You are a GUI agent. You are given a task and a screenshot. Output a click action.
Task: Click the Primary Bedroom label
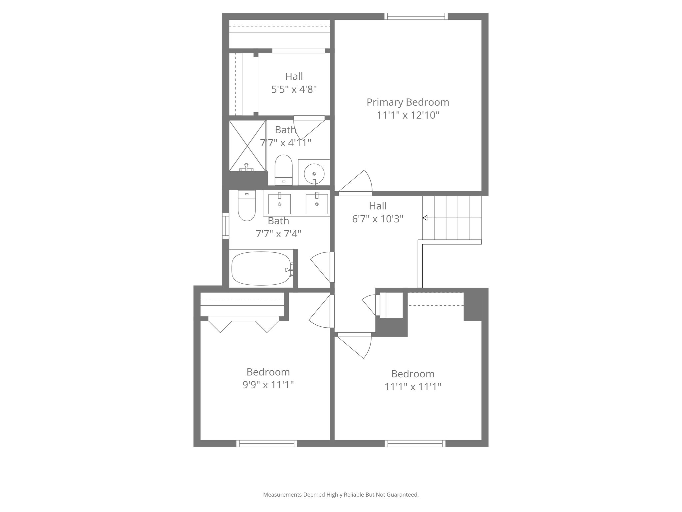coord(408,102)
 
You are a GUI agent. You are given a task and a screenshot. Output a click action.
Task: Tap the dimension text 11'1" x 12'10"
coord(408,115)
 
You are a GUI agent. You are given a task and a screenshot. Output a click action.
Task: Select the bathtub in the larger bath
coord(261,268)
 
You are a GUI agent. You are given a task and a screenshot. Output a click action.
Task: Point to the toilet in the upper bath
coord(283,170)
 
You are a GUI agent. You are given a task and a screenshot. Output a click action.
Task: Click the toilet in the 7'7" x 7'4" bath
coord(247,206)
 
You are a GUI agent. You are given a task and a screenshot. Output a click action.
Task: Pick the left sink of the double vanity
coord(279,204)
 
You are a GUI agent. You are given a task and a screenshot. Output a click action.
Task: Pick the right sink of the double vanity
coord(317,204)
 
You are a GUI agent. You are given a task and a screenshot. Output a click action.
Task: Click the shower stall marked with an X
coord(247,146)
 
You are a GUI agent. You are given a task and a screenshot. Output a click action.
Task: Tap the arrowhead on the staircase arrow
coord(425,218)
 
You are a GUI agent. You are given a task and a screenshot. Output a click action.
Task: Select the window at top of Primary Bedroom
coord(416,16)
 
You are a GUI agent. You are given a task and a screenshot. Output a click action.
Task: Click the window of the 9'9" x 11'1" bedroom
coord(267,443)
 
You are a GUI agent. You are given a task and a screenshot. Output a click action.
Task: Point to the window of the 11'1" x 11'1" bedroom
coord(415,443)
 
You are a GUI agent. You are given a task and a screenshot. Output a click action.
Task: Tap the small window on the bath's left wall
coord(226,226)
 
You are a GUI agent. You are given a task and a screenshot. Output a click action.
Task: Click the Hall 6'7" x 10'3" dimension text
coord(378,219)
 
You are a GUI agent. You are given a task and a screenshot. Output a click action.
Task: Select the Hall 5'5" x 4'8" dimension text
coord(294,89)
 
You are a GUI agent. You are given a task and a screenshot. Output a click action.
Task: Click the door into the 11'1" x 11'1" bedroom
coord(356,345)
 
